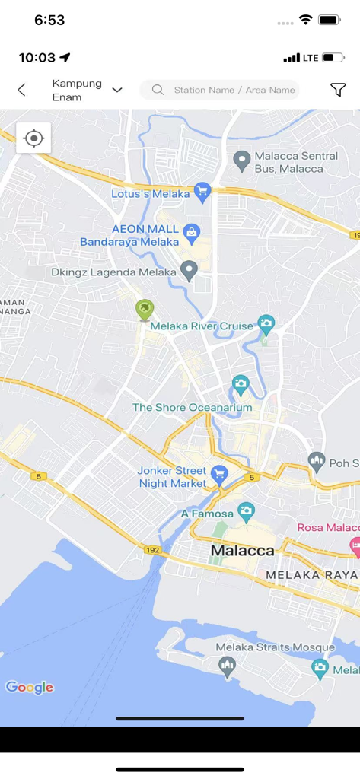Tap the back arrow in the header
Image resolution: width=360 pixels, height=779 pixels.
pyautogui.click(x=21, y=90)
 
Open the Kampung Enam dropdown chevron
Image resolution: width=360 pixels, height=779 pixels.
pyautogui.click(x=117, y=90)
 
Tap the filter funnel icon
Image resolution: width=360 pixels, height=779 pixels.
pyautogui.click(x=338, y=90)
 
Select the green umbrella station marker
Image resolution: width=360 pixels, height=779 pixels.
pyautogui.click(x=144, y=310)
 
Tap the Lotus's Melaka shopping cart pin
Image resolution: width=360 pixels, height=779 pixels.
pyautogui.click(x=202, y=191)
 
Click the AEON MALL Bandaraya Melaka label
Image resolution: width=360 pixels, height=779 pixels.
pyautogui.click(x=129, y=235)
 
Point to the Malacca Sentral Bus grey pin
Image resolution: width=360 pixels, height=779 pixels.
pyautogui.click(x=241, y=160)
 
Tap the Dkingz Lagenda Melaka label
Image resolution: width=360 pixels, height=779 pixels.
pyautogui.click(x=113, y=272)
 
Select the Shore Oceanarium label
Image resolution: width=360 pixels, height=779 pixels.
pyautogui.click(x=192, y=408)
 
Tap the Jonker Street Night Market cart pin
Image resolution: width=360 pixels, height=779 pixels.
pyautogui.click(x=219, y=475)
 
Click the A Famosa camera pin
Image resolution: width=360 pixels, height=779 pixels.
pyautogui.click(x=245, y=511)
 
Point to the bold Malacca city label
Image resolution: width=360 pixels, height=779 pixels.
pyautogui.click(x=242, y=550)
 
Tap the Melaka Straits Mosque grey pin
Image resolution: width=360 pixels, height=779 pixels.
pyautogui.click(x=227, y=666)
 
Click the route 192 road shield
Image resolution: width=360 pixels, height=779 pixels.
pyautogui.click(x=151, y=548)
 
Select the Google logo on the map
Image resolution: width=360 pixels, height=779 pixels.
pyautogui.click(x=30, y=688)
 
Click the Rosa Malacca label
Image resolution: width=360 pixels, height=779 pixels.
pyautogui.click(x=327, y=528)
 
